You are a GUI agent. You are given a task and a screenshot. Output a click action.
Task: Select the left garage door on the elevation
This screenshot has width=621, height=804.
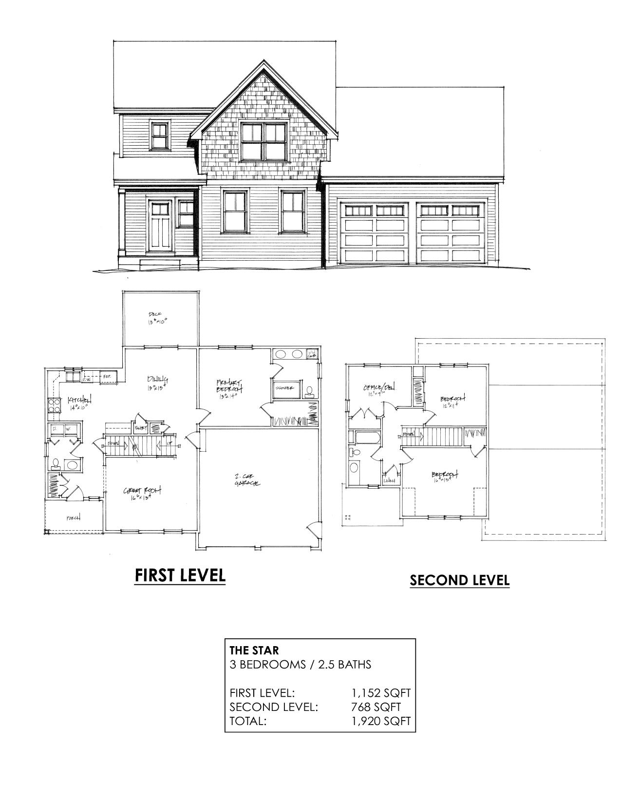373,233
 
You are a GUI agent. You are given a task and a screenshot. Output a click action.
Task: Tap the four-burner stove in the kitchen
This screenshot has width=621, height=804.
53,406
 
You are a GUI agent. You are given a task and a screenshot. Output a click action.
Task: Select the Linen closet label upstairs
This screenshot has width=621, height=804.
390,480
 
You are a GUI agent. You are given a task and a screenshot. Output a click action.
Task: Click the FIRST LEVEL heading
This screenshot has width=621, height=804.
180,575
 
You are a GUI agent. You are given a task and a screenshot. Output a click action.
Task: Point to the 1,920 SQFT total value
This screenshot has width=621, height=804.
381,721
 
